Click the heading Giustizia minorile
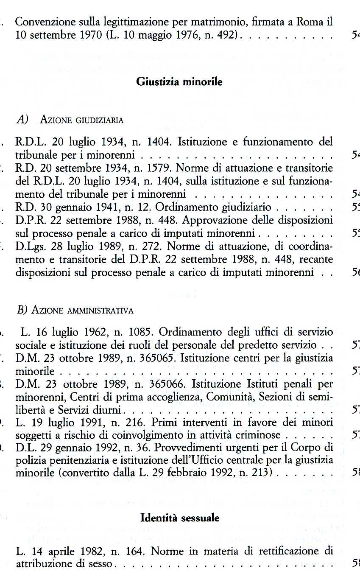click(179, 82)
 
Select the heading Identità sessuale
click(180, 518)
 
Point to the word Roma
click(312, 21)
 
